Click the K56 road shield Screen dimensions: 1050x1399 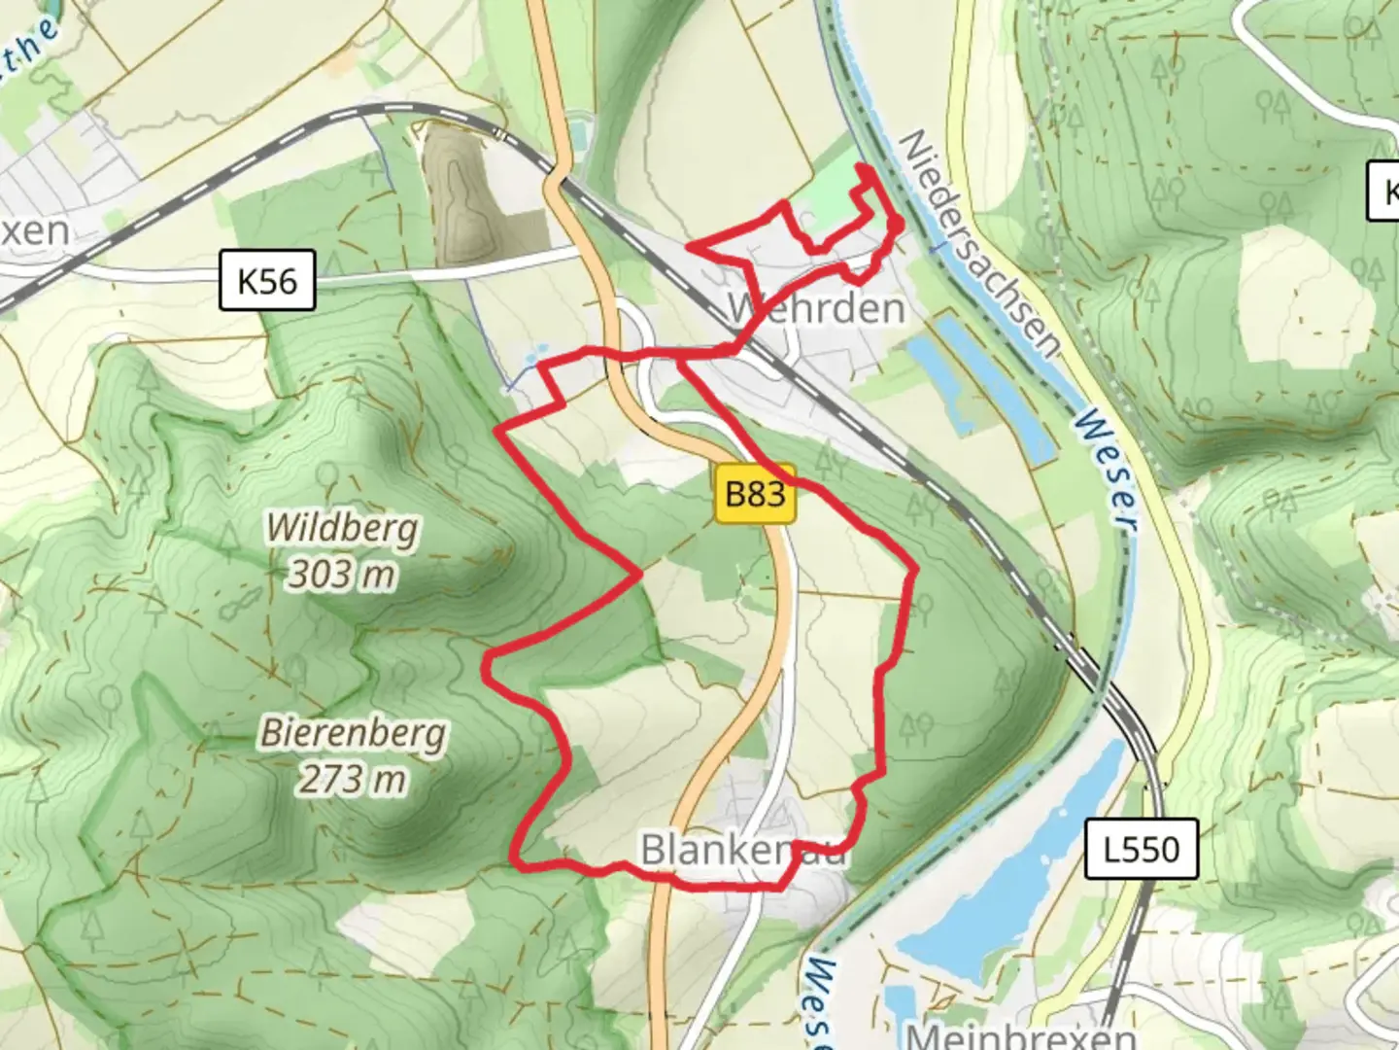click(267, 281)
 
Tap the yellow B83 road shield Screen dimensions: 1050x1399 click(755, 494)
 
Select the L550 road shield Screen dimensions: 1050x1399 click(1141, 850)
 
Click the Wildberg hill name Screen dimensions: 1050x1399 click(343, 529)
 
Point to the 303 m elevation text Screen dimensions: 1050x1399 click(342, 575)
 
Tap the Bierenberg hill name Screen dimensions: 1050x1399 click(353, 733)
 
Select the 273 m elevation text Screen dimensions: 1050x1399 click(352, 779)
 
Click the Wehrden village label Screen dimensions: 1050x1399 click(817, 308)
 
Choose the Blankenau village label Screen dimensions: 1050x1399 click(743, 850)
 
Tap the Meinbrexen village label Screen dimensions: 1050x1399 click(1020, 1034)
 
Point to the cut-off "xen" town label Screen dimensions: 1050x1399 click(34, 231)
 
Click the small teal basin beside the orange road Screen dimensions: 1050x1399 click(580, 127)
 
